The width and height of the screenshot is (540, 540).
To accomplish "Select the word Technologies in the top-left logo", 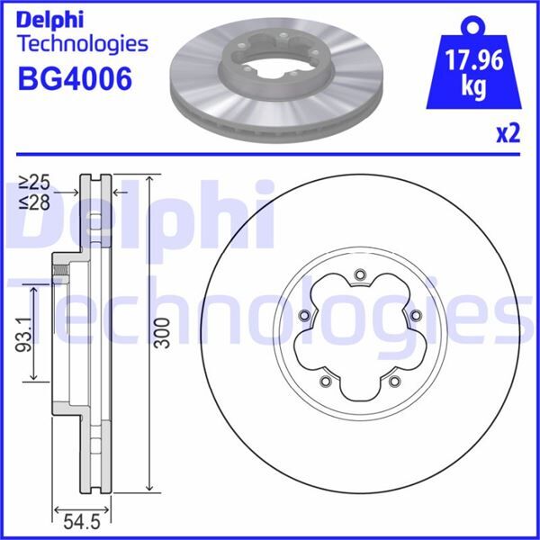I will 83,43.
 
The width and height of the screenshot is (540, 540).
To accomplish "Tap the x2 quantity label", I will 508,135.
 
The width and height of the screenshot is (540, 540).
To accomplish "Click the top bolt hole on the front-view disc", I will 360,275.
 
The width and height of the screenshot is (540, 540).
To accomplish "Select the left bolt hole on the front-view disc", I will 303,315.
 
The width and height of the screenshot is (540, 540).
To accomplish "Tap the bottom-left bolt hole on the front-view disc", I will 325,382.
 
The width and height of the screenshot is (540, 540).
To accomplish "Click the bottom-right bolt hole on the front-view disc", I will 394,382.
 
